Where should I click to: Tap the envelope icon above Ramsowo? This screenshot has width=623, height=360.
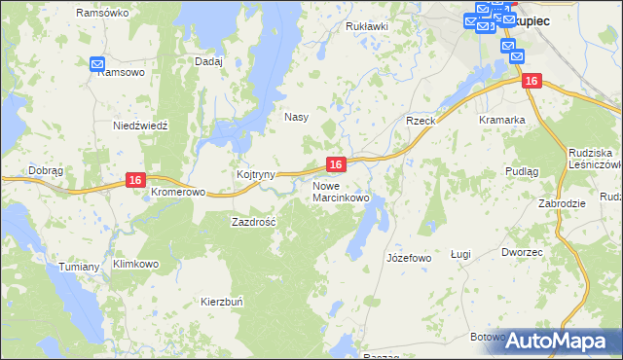pyautogui.click(x=97, y=64)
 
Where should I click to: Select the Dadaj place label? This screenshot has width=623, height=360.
pyautogui.click(x=208, y=60)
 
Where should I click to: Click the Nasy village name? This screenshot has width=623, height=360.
pyautogui.click(x=296, y=117)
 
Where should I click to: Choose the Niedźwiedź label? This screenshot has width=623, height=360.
pyautogui.click(x=141, y=126)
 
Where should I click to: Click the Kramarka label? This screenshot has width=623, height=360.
pyautogui.click(x=502, y=120)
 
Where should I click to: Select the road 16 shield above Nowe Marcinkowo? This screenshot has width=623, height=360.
pyautogui.click(x=335, y=165)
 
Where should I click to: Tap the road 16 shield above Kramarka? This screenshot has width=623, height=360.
pyautogui.click(x=531, y=83)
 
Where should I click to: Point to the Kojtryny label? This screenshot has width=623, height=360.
pyautogui.click(x=257, y=174)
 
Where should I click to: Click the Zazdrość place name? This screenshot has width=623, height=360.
pyautogui.click(x=253, y=222)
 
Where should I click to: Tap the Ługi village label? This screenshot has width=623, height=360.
pyautogui.click(x=460, y=254)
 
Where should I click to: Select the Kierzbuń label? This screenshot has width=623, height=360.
pyautogui.click(x=221, y=302)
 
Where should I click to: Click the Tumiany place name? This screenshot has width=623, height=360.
pyautogui.click(x=80, y=267)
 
